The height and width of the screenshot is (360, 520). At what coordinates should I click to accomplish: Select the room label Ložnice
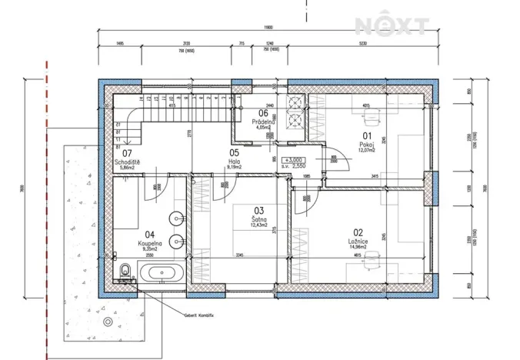pyautogui.click(x=356, y=241)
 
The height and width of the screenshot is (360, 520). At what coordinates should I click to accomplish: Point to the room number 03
pyautogui.click(x=259, y=210)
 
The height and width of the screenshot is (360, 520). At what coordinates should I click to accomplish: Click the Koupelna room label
pyautogui.click(x=151, y=242)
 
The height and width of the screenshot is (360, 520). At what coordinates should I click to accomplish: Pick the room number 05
pyautogui.click(x=235, y=152)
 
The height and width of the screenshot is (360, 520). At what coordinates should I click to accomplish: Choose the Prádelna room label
pyautogui.click(x=264, y=122)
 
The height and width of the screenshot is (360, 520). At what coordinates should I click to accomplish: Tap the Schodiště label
pyautogui.click(x=127, y=162)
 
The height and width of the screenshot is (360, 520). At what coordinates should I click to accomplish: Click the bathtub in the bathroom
pyautogui.click(x=161, y=272)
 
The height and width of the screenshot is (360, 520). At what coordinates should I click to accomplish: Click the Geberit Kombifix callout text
pyautogui.click(x=199, y=314)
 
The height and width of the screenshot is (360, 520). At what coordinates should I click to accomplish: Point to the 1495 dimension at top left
pyautogui.click(x=120, y=44)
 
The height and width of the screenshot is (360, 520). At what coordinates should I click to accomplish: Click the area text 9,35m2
pyautogui.click(x=151, y=249)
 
